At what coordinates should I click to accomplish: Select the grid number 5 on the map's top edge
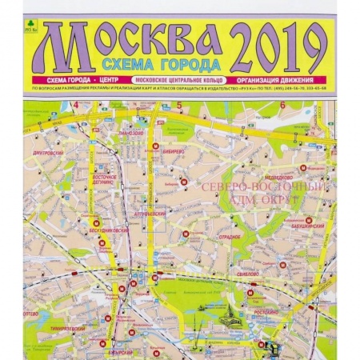(179, 104)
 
